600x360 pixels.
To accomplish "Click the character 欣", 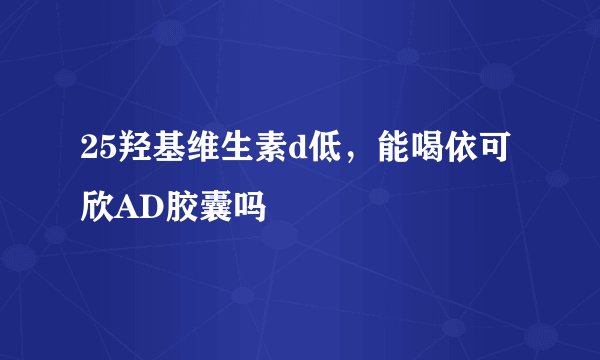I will click(99, 207).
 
